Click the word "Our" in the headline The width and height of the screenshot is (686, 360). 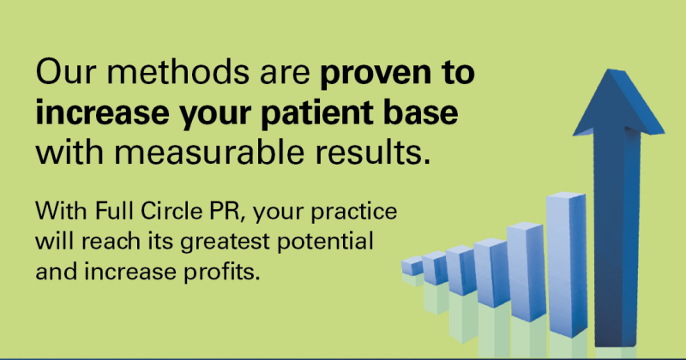[66, 73]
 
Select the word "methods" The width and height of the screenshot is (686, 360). [178, 72]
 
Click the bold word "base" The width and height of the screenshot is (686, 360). [421, 112]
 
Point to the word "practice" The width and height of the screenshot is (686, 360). [354, 213]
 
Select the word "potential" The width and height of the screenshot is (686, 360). [326, 243]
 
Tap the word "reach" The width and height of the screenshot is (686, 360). [105, 241]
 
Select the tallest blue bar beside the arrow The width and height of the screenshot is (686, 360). [567, 265]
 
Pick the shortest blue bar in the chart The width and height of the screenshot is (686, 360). [412, 266]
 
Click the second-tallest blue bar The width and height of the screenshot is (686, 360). [527, 272]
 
